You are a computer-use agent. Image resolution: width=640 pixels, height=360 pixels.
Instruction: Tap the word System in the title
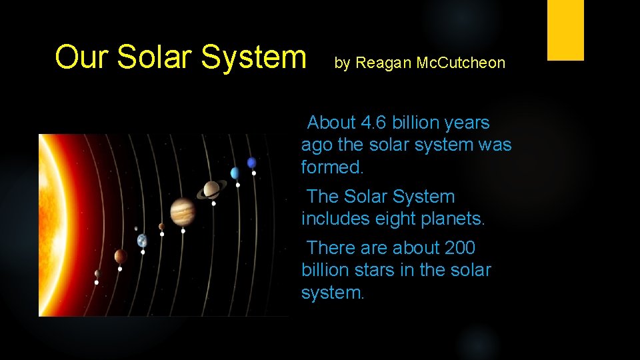coord(255,57)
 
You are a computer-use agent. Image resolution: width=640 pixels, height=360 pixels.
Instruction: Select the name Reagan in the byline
coord(384,63)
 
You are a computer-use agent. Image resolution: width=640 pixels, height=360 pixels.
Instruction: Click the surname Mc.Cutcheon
coord(461,63)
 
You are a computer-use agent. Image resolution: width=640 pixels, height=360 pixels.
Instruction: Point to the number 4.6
coord(373,123)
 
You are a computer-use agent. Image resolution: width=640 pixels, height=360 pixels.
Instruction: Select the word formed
coord(333,167)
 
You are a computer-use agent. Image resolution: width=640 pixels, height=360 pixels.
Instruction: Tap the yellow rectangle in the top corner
coord(565,30)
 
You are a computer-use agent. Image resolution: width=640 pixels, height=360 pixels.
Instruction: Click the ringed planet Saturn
coord(211,190)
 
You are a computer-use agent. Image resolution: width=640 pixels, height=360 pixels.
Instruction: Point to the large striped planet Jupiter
coord(182,212)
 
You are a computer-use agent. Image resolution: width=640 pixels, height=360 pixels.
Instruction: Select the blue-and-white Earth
coord(142,241)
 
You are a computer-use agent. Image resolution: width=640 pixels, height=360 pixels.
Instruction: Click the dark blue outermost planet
coord(251,163)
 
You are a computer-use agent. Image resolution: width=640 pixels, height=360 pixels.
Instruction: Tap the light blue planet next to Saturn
coord(235,173)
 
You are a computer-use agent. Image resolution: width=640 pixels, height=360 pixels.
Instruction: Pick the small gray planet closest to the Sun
coord(97,273)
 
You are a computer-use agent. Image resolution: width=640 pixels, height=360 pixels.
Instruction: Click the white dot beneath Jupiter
coord(183,231)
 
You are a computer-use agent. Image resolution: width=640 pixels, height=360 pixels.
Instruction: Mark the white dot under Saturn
coord(213,203)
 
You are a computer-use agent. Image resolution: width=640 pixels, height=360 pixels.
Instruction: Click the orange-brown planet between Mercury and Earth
coord(120,256)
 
